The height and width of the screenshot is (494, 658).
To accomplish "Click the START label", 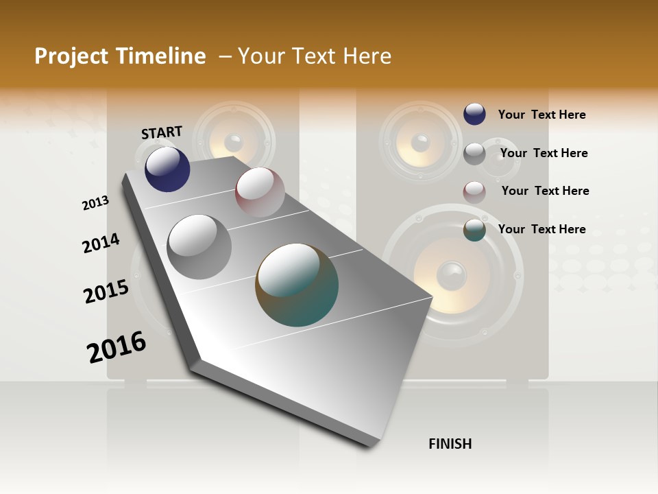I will click(162, 132).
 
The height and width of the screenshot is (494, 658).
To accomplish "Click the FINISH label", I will click(450, 444).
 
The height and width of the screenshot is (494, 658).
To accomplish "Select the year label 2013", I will click(95, 203).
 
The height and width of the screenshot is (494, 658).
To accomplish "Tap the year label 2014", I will click(101, 244).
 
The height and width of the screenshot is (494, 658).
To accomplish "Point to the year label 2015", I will click(106, 292).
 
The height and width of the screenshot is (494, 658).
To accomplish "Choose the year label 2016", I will click(117, 347).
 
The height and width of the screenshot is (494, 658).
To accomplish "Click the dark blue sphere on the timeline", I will click(167, 169).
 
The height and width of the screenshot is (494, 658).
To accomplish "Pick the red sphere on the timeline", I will click(260, 192).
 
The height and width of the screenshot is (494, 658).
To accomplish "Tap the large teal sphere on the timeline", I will click(297, 285).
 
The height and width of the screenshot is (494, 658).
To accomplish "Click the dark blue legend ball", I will click(474, 114).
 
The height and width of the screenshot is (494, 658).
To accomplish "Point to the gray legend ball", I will click(474, 154).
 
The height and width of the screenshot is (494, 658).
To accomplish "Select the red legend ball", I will click(474, 192).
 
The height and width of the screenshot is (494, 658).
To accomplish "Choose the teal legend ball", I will click(474, 230).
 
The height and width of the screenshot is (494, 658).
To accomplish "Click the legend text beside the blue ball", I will click(541, 115).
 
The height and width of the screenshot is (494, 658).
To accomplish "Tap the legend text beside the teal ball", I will click(541, 229).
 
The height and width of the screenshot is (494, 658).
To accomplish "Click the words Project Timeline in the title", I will click(120, 56).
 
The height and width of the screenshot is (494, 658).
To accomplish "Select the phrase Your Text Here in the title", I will click(314, 56).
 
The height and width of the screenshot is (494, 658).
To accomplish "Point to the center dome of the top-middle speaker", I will click(234, 143).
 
